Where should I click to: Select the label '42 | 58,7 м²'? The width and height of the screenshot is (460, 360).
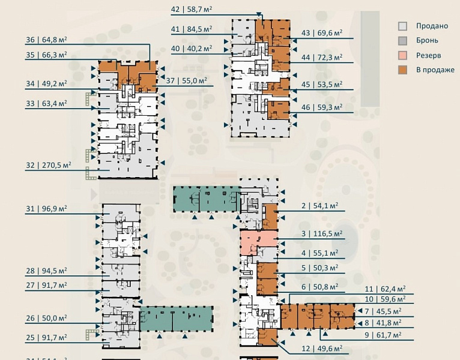click(192, 9)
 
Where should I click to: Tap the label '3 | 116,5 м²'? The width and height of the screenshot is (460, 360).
click(322, 233)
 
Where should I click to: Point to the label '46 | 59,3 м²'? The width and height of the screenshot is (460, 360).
click(322, 107)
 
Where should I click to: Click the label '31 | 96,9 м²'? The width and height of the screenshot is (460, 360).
click(46, 209)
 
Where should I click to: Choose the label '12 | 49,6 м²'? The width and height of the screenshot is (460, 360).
click(322, 348)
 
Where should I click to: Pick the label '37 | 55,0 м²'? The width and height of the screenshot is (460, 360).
click(187, 80)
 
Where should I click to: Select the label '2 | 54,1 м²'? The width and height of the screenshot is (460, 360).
click(320, 206)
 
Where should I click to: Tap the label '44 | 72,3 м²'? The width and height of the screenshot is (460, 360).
click(322, 58)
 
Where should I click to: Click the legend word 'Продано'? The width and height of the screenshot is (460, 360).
click(432, 26)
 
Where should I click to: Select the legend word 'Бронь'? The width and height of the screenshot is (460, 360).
click(427, 41)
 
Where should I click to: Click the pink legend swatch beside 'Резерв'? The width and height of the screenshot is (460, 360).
click(404, 55)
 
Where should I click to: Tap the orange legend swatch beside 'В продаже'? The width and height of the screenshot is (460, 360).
click(404, 70)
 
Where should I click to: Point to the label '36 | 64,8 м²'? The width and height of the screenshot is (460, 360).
click(46, 40)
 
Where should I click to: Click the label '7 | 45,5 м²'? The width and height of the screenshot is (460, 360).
click(386, 311)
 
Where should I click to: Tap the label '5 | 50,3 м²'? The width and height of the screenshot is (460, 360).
click(320, 268)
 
